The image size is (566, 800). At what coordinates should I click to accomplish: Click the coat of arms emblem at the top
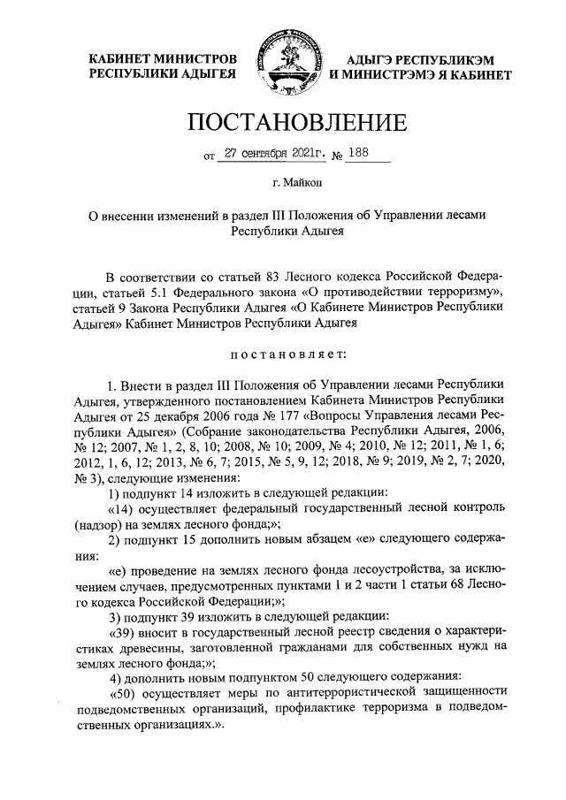283,64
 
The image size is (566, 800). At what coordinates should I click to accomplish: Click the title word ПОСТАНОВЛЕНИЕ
283,121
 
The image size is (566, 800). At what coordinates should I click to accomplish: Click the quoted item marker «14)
123,508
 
